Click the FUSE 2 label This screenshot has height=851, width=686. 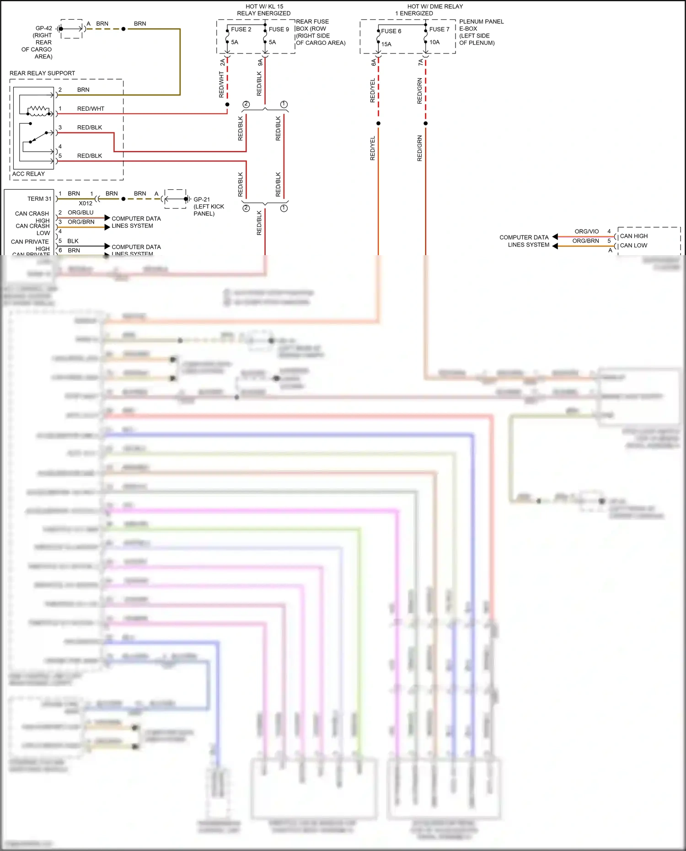click(241, 29)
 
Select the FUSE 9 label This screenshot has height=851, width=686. click(279, 29)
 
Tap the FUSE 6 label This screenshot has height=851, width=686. click(391, 31)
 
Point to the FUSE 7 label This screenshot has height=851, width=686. click(439, 29)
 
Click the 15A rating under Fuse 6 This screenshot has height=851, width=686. click(386, 44)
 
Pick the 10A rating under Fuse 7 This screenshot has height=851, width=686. click(434, 42)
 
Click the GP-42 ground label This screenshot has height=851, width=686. click(44, 28)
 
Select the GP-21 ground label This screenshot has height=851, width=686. click(202, 199)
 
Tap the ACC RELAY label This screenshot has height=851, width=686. click(28, 174)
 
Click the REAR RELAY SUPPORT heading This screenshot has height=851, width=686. click(42, 73)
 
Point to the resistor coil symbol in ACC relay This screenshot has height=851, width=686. click(38, 109)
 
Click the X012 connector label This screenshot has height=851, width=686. click(86, 203)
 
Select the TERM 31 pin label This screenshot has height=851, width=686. click(39, 199)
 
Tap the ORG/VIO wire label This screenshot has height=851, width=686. click(586, 231)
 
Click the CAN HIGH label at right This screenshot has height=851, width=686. click(633, 236)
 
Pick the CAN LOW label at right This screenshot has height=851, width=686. click(633, 246)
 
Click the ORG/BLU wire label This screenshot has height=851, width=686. click(80, 213)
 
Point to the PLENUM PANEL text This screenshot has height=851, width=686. click(481, 21)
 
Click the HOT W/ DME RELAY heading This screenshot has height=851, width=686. click(435, 6)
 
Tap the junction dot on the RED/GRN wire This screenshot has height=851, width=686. click(425, 123)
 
